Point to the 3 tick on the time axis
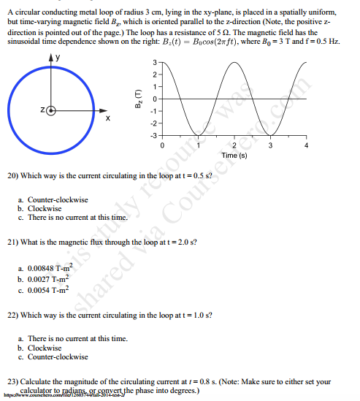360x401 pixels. (x=270, y=146)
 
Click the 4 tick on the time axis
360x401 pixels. (x=307, y=146)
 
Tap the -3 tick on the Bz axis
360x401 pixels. (x=154, y=135)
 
